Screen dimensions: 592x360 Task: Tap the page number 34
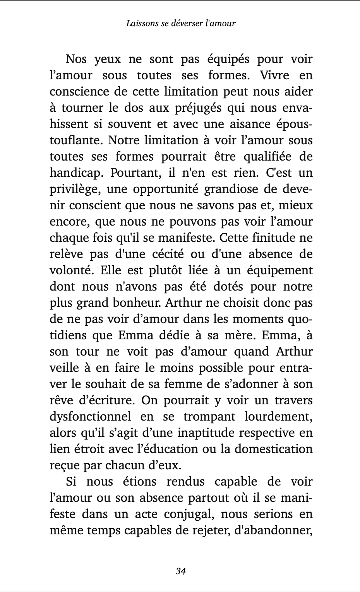[x=181, y=571]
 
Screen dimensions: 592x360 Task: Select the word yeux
[x=108, y=59]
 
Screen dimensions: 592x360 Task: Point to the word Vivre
[x=274, y=75]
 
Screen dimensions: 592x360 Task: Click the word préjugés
[x=197, y=108]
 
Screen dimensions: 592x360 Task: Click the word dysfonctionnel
[x=90, y=417]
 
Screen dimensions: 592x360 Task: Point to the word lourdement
[x=278, y=417]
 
